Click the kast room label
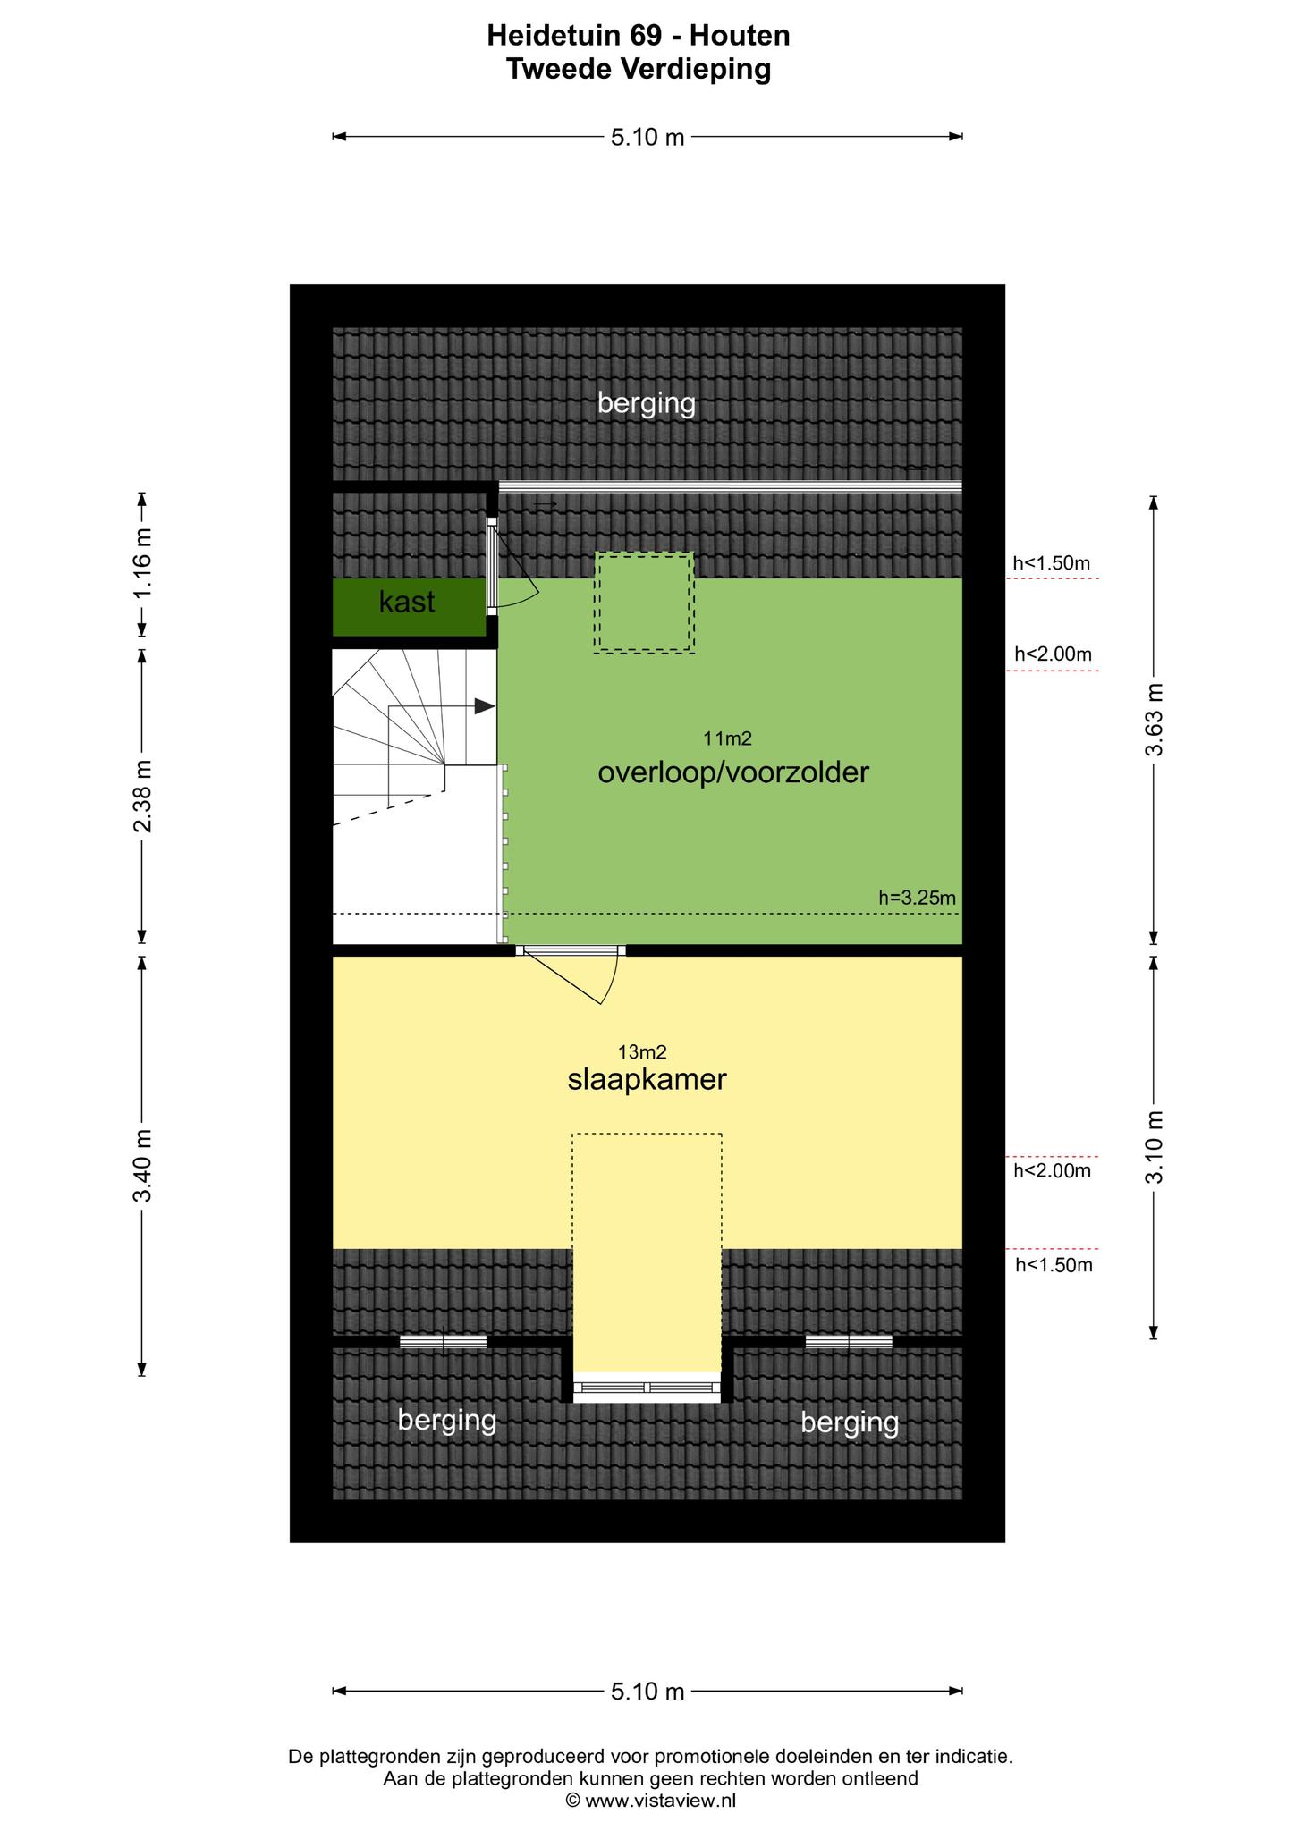(x=407, y=603)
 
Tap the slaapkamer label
(x=647, y=1080)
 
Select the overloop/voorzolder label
(x=733, y=772)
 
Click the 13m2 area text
(x=643, y=1052)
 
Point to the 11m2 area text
(x=727, y=738)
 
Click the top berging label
(x=647, y=404)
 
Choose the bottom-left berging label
(x=447, y=1420)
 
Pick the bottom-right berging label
(x=850, y=1422)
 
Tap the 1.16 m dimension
(x=142, y=565)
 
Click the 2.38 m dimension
(x=142, y=796)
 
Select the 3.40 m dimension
(x=142, y=1166)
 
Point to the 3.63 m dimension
(x=1154, y=720)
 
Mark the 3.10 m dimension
(x=1154, y=1148)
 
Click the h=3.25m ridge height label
(x=918, y=898)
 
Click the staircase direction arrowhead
(x=485, y=706)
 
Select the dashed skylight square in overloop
(x=644, y=603)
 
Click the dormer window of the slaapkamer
(x=647, y=1387)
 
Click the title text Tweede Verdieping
(x=639, y=69)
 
